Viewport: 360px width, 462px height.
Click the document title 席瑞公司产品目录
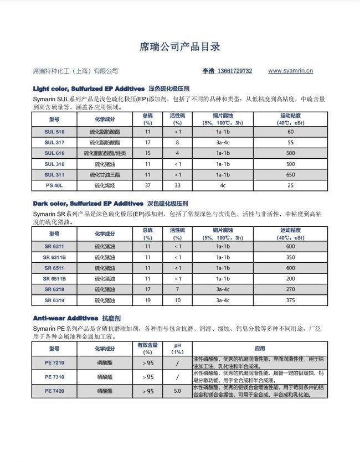pos(179,46)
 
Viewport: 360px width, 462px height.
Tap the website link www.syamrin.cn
pos(290,71)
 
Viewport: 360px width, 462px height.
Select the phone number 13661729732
pos(235,71)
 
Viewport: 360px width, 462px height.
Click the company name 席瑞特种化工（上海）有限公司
pos(76,71)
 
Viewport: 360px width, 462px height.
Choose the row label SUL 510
pos(54,132)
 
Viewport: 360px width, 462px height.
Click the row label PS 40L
pos(54,185)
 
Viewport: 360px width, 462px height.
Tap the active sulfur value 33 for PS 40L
pos(177,185)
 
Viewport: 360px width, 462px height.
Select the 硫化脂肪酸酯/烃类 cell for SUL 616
pos(105,153)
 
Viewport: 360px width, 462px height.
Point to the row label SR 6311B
pos(54,257)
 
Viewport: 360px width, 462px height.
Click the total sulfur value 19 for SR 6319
pos(147,300)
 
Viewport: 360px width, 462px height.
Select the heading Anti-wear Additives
pos(65,319)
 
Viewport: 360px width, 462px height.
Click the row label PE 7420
pos(54,391)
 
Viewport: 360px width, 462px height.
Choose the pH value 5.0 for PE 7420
pos(177,391)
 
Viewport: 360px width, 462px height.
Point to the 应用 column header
pos(260,349)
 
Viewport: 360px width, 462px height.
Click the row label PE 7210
pos(54,363)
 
